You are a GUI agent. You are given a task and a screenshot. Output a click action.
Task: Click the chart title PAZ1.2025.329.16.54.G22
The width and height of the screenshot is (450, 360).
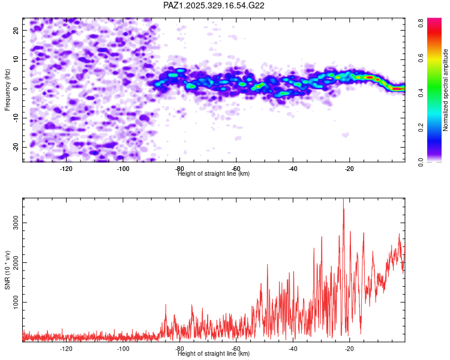(214, 5)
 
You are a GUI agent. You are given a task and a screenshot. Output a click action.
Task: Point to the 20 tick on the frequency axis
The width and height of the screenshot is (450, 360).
(17, 30)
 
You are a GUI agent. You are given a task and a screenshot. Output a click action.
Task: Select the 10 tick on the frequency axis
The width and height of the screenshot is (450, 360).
(17, 59)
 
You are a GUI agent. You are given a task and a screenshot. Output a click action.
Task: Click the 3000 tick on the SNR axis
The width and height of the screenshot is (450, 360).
(13, 223)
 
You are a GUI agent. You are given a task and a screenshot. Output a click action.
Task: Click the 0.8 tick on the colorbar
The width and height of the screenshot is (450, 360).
(422, 20)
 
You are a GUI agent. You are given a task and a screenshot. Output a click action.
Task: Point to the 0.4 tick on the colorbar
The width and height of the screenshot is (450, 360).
(422, 91)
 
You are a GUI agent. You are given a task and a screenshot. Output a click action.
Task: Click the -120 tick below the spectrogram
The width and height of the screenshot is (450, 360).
(67, 169)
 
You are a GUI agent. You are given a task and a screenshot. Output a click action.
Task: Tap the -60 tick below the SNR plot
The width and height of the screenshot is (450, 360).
(236, 349)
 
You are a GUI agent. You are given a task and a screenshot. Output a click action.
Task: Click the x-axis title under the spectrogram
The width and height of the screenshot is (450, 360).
(214, 174)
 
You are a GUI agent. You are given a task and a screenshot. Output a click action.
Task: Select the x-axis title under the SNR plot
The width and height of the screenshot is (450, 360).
(214, 354)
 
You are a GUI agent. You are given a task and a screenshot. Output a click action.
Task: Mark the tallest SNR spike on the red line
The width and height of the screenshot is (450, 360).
(343, 200)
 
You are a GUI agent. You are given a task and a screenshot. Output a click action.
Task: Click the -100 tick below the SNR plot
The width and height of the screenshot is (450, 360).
(123, 349)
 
